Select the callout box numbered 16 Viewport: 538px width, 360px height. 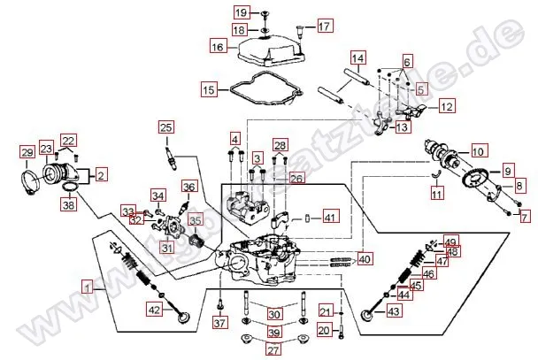[218, 45]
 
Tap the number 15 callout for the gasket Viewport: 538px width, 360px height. [209, 90]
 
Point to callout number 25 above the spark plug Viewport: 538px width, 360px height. [166, 128]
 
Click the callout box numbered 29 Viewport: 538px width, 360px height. [27, 154]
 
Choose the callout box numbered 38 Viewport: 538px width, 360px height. [67, 205]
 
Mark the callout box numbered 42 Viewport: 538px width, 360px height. [154, 310]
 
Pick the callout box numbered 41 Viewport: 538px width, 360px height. [329, 217]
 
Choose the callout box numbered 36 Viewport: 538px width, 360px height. [188, 187]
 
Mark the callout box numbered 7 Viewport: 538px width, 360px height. [524, 216]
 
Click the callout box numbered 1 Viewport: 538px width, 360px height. [88, 286]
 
